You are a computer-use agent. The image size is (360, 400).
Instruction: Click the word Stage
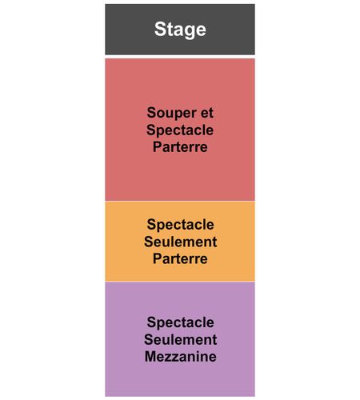[x=180, y=30]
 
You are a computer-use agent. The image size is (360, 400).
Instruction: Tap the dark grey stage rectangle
[x=180, y=30]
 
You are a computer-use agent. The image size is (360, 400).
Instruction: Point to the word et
[x=207, y=113]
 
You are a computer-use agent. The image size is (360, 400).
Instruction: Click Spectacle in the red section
[x=180, y=130]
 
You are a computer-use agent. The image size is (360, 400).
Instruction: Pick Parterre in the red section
[x=180, y=147]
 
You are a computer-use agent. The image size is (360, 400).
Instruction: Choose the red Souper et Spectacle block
[x=180, y=130]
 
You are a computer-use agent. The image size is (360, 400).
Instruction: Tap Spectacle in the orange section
[x=180, y=225]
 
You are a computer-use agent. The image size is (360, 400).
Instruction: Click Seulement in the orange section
[x=180, y=242]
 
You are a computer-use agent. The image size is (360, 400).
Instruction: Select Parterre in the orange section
[x=180, y=258]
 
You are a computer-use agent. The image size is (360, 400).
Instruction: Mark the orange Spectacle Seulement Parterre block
[x=180, y=242]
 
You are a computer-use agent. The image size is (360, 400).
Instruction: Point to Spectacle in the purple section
[x=180, y=322]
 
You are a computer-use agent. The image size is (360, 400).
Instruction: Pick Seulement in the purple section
[x=180, y=339]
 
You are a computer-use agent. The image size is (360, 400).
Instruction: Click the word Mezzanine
[x=180, y=357]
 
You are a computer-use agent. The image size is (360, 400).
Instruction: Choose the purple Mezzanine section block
[x=180, y=339]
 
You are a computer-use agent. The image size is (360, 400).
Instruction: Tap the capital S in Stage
[x=161, y=29]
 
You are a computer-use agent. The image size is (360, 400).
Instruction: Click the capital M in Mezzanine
[x=150, y=357]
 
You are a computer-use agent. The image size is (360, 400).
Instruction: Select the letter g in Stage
[x=190, y=31]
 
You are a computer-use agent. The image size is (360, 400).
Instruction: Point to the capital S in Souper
[x=151, y=112]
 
